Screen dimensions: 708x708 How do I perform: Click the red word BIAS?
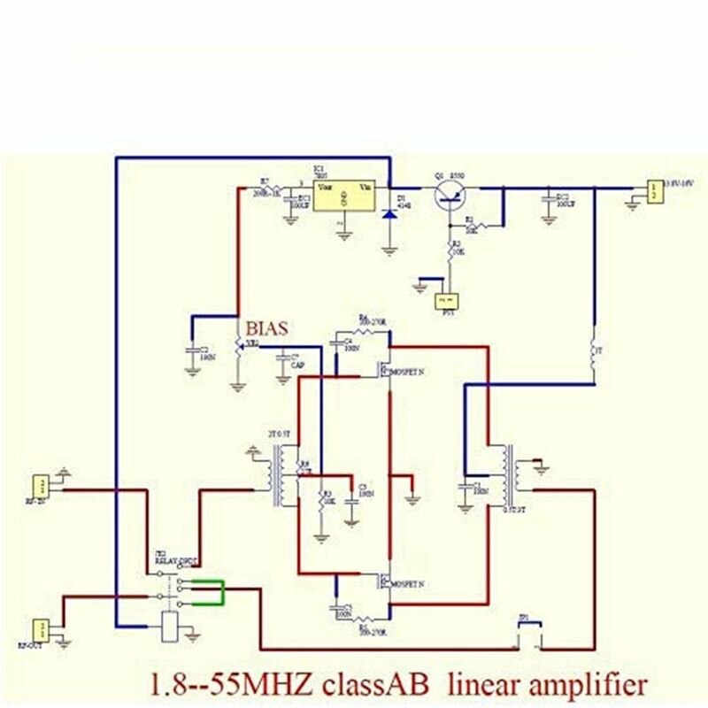[268, 329]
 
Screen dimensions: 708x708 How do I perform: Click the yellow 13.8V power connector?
[653, 191]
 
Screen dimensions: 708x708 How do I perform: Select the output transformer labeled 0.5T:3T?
[508, 475]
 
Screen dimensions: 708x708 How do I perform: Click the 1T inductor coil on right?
[594, 352]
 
